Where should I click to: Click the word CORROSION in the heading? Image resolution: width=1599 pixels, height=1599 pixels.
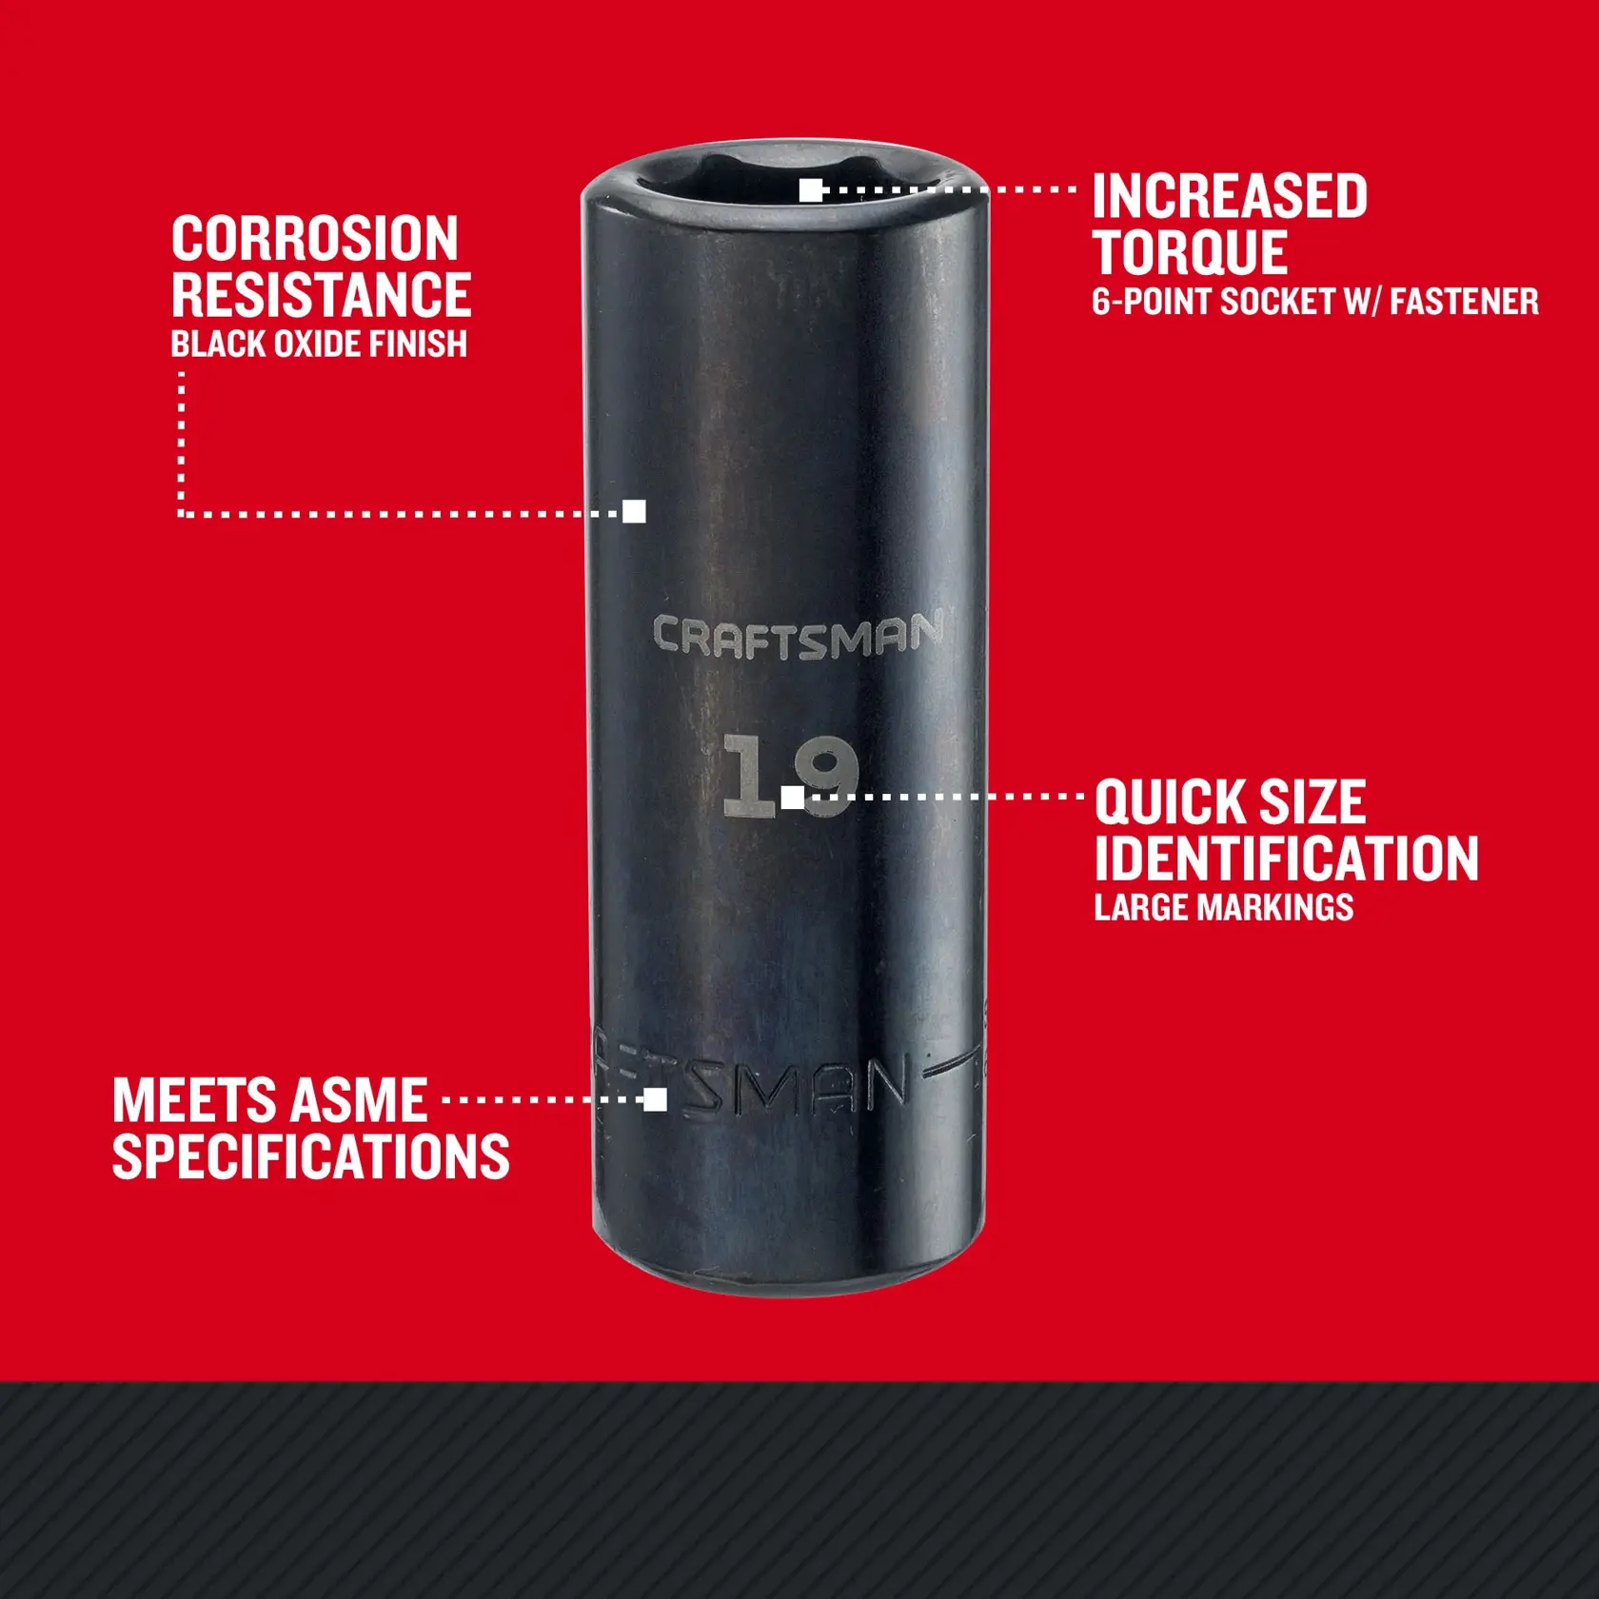click(x=315, y=239)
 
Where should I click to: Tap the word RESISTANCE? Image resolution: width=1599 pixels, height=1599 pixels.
click(x=321, y=295)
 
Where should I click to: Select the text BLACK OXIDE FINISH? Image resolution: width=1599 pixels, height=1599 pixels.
click(x=319, y=345)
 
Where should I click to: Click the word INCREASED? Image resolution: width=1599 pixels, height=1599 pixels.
click(x=1229, y=197)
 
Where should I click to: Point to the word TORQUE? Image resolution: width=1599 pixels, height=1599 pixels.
click(x=1190, y=252)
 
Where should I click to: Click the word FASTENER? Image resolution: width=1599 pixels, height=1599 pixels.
click(x=1464, y=302)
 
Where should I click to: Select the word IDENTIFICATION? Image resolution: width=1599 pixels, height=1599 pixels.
click(x=1286, y=859)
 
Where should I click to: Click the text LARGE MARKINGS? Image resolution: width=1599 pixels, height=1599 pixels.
click(x=1223, y=908)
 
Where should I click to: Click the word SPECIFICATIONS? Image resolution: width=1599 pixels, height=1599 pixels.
click(x=310, y=1157)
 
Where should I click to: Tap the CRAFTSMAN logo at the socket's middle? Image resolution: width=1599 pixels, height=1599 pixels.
click(x=798, y=636)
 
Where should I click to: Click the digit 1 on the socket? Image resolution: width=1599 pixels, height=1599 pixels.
click(x=748, y=776)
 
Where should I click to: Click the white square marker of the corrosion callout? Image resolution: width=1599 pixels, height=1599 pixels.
click(x=634, y=512)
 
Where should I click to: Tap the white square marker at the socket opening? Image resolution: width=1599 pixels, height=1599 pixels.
click(x=810, y=190)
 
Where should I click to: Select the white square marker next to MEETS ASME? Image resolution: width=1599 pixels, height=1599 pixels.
click(x=655, y=1100)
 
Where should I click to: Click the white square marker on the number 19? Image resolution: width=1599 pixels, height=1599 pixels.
click(x=792, y=798)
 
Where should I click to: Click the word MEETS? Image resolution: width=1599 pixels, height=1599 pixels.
click(x=194, y=1101)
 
